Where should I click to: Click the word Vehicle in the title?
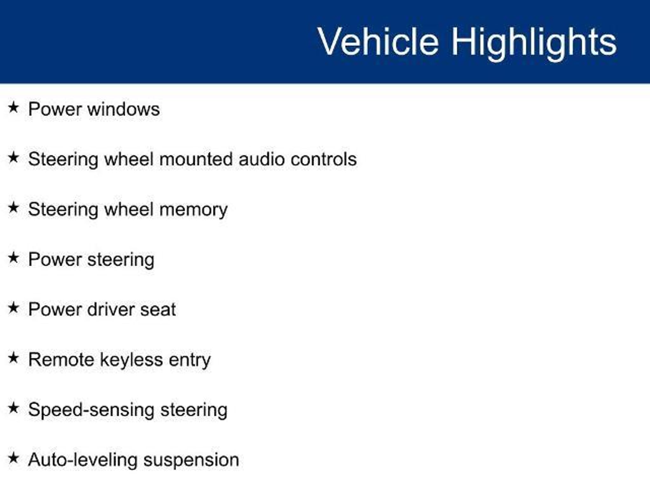(x=378, y=42)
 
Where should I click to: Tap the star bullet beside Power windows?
(x=13, y=107)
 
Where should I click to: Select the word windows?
(x=123, y=109)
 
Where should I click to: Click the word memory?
(x=194, y=210)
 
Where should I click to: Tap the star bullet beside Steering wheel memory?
(x=13, y=208)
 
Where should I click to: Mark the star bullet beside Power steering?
(x=13, y=257)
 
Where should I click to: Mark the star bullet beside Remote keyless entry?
(x=13, y=358)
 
